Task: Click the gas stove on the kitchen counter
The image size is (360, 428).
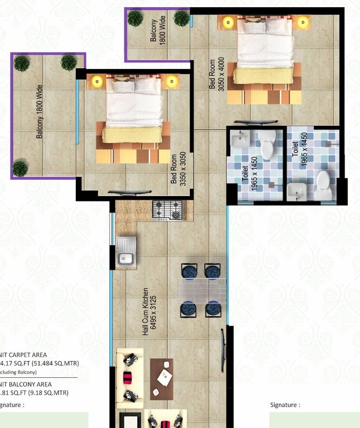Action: coord(167,210)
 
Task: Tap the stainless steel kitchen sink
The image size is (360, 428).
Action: coord(126,253)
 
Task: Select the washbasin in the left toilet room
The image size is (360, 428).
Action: coord(239,141)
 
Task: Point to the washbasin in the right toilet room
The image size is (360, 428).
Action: coord(296,192)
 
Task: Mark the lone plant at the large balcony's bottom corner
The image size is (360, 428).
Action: coord(20,169)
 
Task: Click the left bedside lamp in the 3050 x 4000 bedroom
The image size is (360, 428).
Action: coord(227,22)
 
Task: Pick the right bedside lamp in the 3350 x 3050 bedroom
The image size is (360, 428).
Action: coord(171,81)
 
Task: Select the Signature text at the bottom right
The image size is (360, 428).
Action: coord(285,405)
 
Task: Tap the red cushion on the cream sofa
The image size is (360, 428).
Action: coord(128,377)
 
